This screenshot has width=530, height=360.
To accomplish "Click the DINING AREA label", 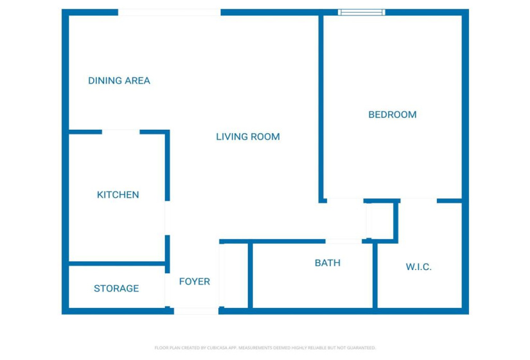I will [x=119, y=80].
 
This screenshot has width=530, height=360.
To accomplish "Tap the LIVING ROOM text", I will [x=247, y=136].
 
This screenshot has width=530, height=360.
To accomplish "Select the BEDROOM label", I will [x=392, y=114].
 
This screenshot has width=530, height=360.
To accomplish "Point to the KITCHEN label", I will [x=118, y=194].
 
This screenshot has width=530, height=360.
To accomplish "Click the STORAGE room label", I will [x=116, y=288].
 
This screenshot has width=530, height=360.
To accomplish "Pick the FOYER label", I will [x=194, y=282].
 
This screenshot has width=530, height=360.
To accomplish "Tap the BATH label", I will [x=327, y=263].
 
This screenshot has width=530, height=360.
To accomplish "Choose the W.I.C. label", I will [x=418, y=267].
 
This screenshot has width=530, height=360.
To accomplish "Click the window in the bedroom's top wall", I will [x=362, y=12].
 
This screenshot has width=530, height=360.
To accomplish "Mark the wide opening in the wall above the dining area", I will [x=170, y=12].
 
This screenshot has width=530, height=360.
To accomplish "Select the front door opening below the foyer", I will [x=197, y=311].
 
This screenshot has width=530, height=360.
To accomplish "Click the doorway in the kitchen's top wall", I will [x=121, y=132].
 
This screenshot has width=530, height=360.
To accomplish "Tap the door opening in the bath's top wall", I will [x=344, y=242].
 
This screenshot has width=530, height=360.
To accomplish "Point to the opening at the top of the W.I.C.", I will [x=418, y=201].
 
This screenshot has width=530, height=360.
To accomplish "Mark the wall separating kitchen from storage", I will [x=117, y=263].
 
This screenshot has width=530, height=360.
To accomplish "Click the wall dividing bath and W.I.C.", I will [x=375, y=275].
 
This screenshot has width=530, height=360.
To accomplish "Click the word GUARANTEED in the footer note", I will [x=360, y=348].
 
